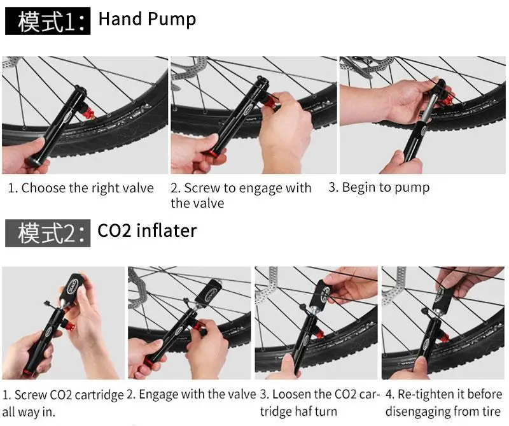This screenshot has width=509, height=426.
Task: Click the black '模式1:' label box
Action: click(48, 21)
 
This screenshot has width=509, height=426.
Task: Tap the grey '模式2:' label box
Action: click(48, 233)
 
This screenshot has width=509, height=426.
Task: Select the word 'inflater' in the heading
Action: click(167, 231)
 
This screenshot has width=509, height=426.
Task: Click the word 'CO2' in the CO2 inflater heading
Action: click(115, 231)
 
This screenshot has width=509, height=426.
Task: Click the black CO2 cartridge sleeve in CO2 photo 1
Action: click(73, 287)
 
